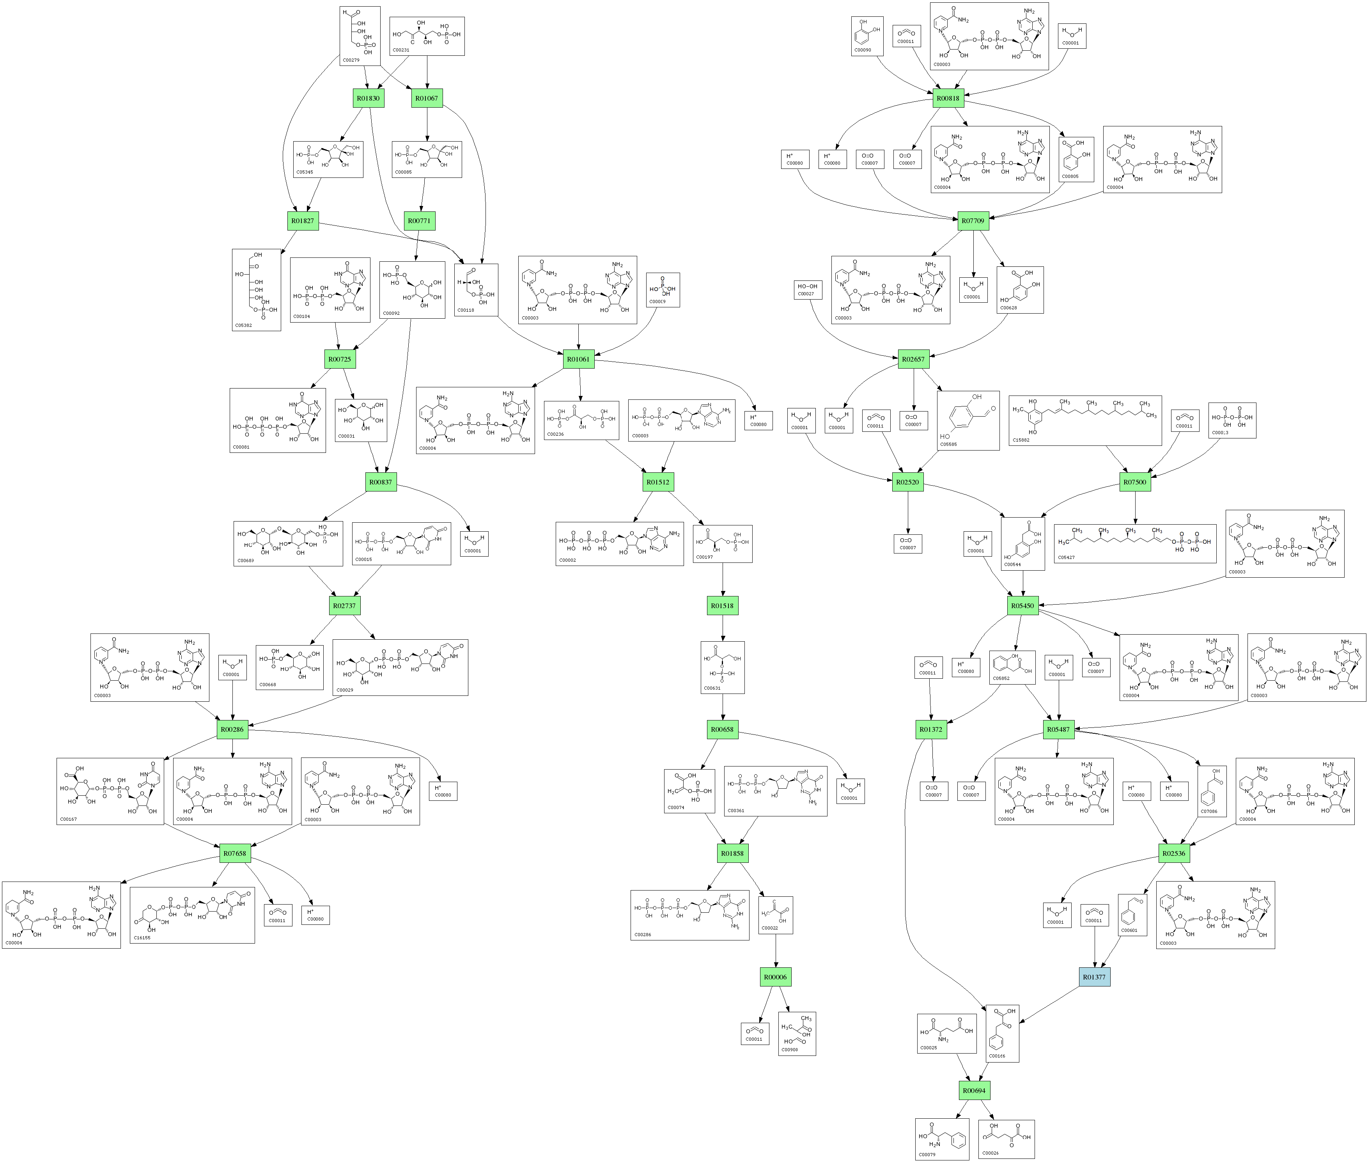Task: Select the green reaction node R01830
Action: [368, 98]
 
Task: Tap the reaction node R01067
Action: [426, 98]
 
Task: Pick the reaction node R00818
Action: [948, 98]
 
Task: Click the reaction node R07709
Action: [973, 221]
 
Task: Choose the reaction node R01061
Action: [578, 359]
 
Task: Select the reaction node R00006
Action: [775, 977]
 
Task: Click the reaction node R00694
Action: [974, 1090]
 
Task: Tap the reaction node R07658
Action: [234, 853]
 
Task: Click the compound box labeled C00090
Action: [867, 36]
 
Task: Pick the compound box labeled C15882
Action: [1085, 420]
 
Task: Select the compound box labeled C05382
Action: [256, 290]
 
